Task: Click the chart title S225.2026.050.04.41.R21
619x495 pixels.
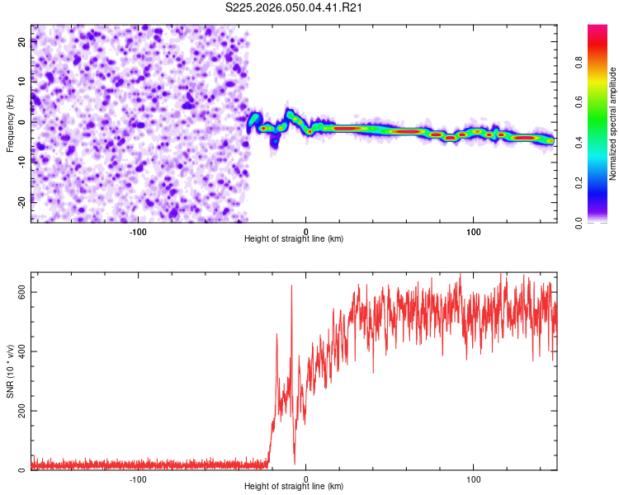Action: pos(295,8)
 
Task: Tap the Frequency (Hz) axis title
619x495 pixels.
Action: pos(10,123)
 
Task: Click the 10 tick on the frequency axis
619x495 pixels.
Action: pos(22,82)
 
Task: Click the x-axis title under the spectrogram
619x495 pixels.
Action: pos(294,238)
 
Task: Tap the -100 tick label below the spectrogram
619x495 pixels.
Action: pos(138,230)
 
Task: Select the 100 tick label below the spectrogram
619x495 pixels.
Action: pos(474,230)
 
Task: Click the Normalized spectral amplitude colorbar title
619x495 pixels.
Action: pos(612,124)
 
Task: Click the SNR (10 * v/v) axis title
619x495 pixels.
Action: pos(10,370)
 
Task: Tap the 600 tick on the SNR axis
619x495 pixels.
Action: pos(22,292)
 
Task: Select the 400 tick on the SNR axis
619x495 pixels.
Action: pos(22,351)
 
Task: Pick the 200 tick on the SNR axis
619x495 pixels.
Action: pos(22,411)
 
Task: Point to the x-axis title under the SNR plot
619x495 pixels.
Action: pos(294,487)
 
